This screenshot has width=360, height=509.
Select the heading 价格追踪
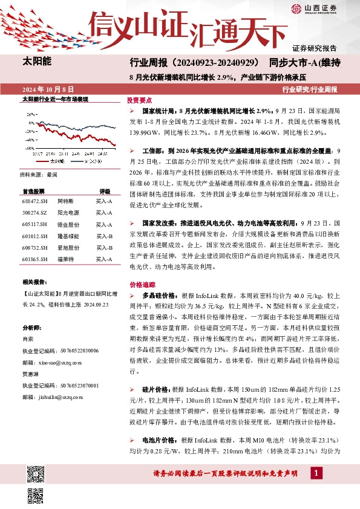click(x=139, y=284)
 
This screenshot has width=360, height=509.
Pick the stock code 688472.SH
click(x=34, y=199)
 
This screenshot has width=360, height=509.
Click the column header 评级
click(x=104, y=190)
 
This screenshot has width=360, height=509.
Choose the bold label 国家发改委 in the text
click(x=159, y=222)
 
